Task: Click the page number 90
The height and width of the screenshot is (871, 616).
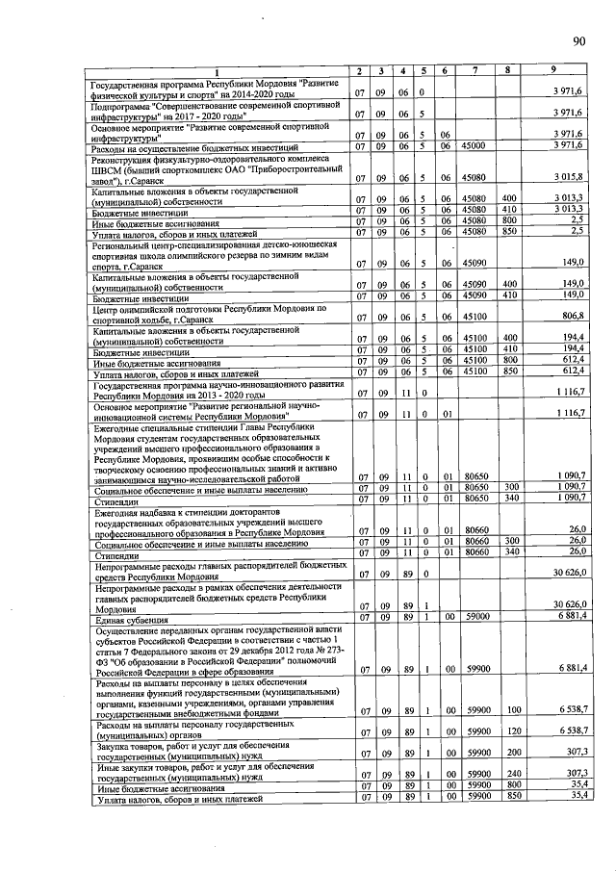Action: coord(578,40)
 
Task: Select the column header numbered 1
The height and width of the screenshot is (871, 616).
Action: coord(217,74)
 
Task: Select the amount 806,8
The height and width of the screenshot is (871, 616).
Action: coord(573,317)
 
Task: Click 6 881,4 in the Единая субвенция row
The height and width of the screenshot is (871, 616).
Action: coord(571,617)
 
